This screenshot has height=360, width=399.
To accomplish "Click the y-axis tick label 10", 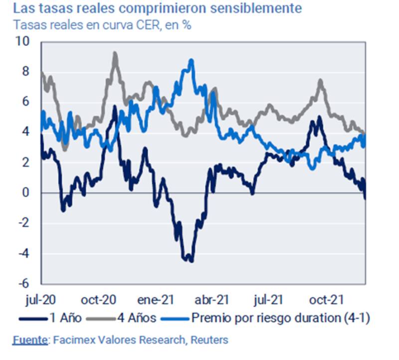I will click(x=23, y=42).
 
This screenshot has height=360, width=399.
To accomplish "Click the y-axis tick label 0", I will click(x=25, y=193).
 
